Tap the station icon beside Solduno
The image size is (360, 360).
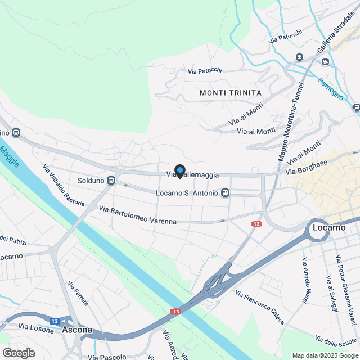[111, 181]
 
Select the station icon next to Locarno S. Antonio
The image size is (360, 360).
[226, 193]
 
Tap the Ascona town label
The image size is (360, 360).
[76, 330]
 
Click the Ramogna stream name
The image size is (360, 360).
[330, 88]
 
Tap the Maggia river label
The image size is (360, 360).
[10, 157]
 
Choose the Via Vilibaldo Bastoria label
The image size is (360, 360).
[64, 185]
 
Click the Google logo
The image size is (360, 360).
[19, 353]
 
